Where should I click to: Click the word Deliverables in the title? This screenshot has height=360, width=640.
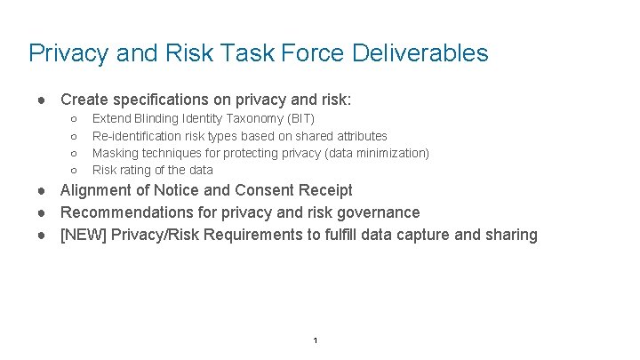tap(420, 53)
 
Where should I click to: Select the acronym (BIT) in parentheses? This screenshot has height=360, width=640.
tap(299, 118)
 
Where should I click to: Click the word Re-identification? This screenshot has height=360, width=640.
tap(137, 136)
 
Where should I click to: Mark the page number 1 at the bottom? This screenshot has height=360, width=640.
tap(316, 341)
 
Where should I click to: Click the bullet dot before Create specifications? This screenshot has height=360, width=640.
tap(42, 99)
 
